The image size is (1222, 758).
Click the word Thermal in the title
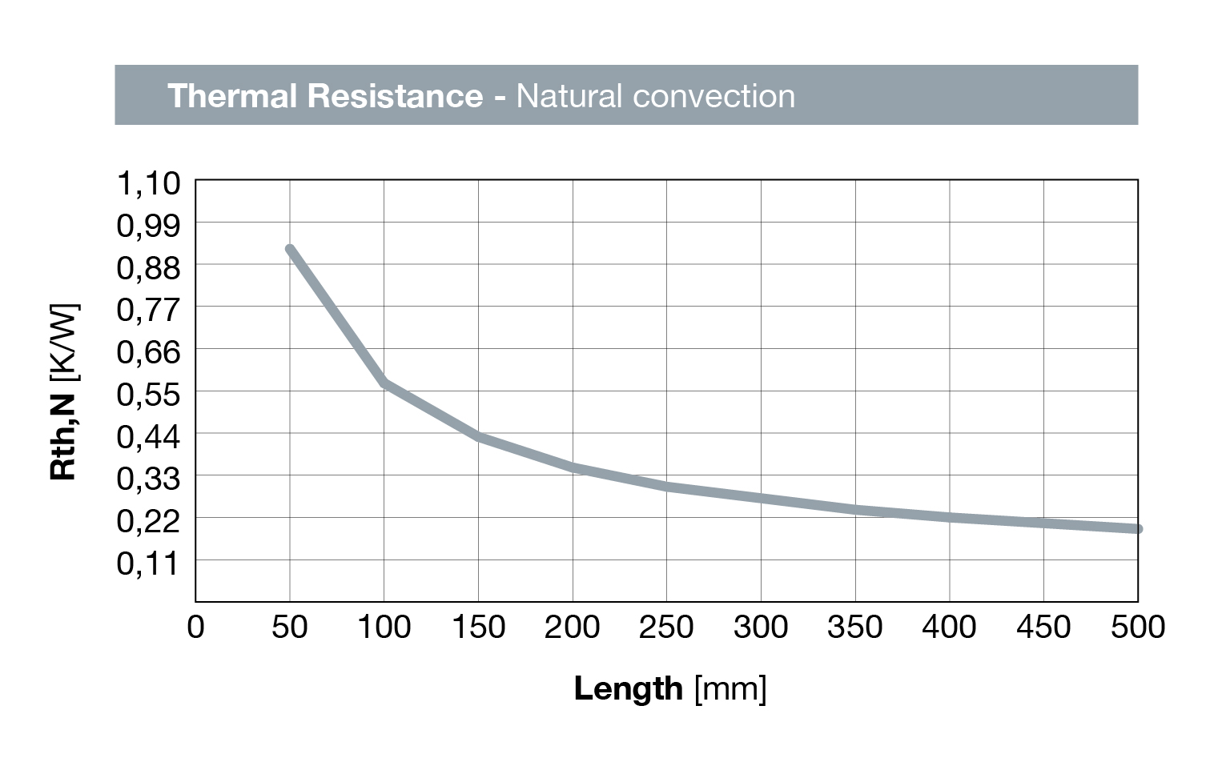coord(232,96)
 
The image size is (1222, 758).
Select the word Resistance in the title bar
coord(395,96)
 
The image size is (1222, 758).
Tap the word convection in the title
coord(713,96)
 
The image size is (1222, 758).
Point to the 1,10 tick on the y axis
coord(149,183)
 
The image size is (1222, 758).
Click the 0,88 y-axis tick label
coord(149,267)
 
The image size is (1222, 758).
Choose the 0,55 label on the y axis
coord(149,394)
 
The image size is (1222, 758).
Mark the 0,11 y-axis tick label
coord(149,563)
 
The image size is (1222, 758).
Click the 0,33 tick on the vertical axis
coord(149,479)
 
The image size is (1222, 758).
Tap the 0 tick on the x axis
coord(195,627)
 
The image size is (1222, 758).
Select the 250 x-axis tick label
coord(666,627)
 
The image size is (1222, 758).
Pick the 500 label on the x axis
coord(1137,627)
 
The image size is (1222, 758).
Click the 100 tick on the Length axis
coord(384,627)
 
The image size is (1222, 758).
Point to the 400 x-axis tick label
coord(949,627)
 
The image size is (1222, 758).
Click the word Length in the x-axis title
coord(628,688)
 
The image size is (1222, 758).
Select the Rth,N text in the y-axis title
coord(63,437)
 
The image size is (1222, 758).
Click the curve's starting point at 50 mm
coord(290,250)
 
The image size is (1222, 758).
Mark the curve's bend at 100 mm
coord(384,383)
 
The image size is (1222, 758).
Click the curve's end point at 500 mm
coord(1137,529)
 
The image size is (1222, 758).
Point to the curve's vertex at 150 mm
coord(478,436)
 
